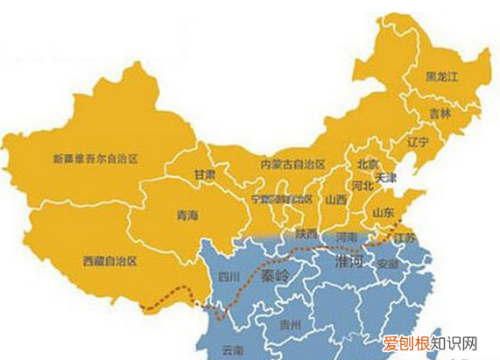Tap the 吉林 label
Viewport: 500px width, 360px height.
pyautogui.click(x=440, y=113)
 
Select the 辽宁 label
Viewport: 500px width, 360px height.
pyautogui.click(x=419, y=141)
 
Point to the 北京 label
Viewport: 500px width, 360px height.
pyautogui.click(x=367, y=164)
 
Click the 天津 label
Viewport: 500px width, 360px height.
pyautogui.click(x=385, y=177)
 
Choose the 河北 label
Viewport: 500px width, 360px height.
pyautogui.click(x=362, y=185)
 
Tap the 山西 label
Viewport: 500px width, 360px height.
pyautogui.click(x=335, y=200)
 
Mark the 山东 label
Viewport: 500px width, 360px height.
pyautogui.click(x=384, y=213)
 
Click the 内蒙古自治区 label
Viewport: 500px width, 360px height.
pyautogui.click(x=292, y=165)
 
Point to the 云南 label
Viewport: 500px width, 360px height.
pyautogui.click(x=232, y=349)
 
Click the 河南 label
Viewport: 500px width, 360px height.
pyautogui.click(x=346, y=236)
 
